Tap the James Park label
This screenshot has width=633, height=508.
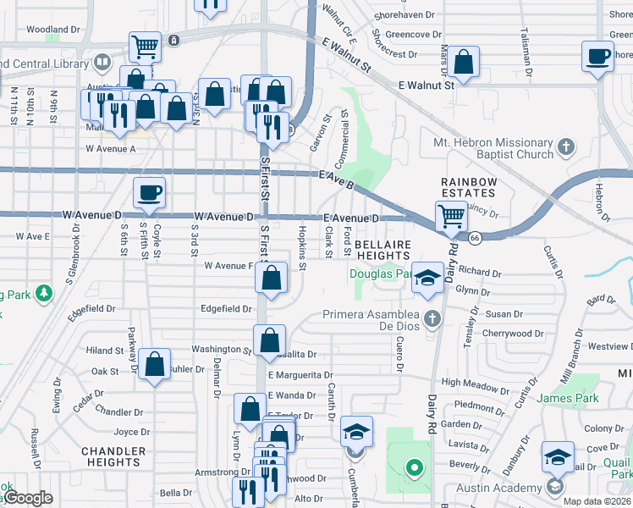[567, 398]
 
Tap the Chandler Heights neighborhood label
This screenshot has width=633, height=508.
[113, 456]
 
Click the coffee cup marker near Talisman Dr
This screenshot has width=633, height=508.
[598, 57]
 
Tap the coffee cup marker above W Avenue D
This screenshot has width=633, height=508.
[149, 192]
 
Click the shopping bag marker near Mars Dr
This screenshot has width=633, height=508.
[464, 62]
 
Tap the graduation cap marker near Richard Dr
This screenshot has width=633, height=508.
[428, 278]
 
